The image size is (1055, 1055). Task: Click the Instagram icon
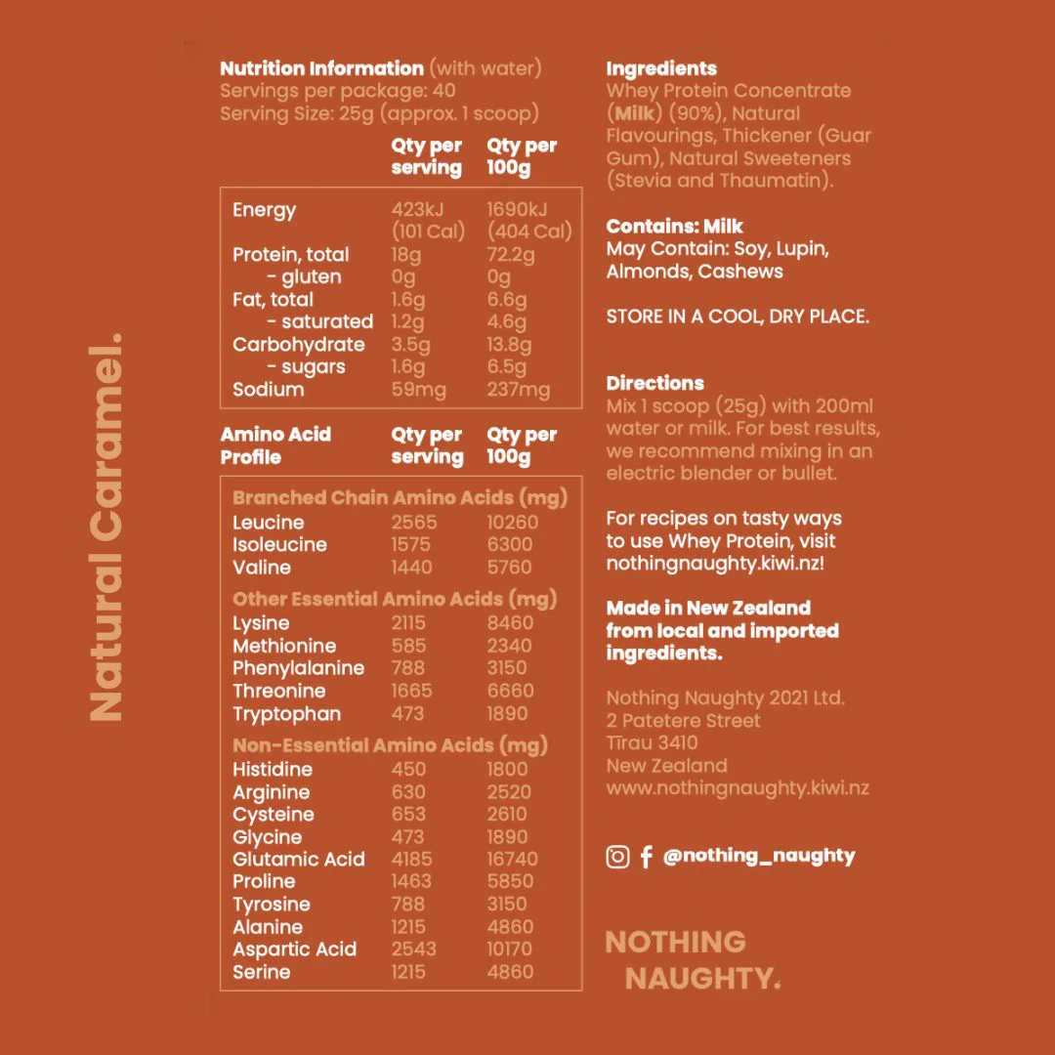pyautogui.click(x=617, y=857)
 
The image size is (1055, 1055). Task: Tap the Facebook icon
pyautogui.click(x=646, y=857)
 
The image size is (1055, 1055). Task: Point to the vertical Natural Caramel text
pyautogui.click(x=106, y=528)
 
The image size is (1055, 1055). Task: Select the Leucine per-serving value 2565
pyautogui.click(x=414, y=522)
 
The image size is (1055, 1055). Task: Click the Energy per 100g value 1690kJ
pyautogui.click(x=517, y=210)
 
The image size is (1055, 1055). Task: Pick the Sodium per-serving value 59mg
pyautogui.click(x=418, y=389)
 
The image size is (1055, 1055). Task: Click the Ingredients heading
pyautogui.click(x=661, y=68)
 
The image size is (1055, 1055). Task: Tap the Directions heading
pyautogui.click(x=654, y=383)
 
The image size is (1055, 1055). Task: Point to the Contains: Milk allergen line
pyautogui.click(x=674, y=226)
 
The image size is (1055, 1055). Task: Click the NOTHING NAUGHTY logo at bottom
pyautogui.click(x=692, y=959)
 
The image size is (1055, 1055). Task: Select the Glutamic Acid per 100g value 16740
pyautogui.click(x=510, y=859)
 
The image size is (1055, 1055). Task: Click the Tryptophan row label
pyautogui.click(x=286, y=713)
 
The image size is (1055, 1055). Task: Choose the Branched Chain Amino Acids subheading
pyautogui.click(x=400, y=497)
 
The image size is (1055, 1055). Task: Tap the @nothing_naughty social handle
pyautogui.click(x=758, y=856)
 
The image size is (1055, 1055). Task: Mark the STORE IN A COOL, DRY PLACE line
pyautogui.click(x=737, y=316)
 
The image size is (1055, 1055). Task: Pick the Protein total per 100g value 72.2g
pyautogui.click(x=511, y=255)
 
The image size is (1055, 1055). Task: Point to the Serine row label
pyautogui.click(x=261, y=971)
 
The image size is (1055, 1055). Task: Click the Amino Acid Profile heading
pyautogui.click(x=275, y=445)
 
